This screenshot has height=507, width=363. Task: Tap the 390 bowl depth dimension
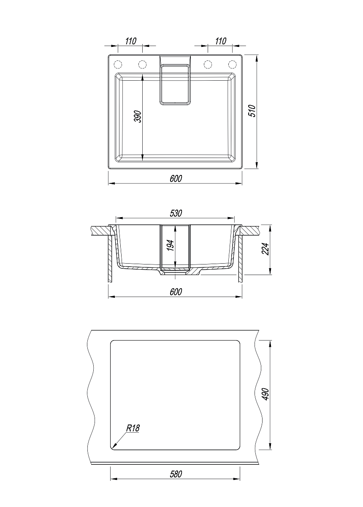tap(138, 117)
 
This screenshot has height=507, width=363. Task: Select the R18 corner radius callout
tap(133, 428)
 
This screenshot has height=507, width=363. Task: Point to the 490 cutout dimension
tap(266, 394)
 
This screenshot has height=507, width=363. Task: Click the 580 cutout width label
tap(176, 474)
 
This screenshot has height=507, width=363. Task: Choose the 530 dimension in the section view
tap(176, 213)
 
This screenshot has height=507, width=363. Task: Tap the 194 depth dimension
tap(171, 245)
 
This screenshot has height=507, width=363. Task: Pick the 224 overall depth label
tap(266, 249)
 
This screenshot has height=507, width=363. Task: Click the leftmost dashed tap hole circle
tap(118, 64)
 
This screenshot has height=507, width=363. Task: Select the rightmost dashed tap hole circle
tap(232, 64)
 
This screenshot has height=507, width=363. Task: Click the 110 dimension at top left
tap(131, 41)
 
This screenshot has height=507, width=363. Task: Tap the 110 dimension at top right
tap(220, 41)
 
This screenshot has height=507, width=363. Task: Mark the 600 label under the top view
tap(176, 179)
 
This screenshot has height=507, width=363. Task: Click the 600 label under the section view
tap(176, 292)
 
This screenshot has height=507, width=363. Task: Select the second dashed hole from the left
tap(142, 64)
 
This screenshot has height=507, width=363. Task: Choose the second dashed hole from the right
tap(208, 64)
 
